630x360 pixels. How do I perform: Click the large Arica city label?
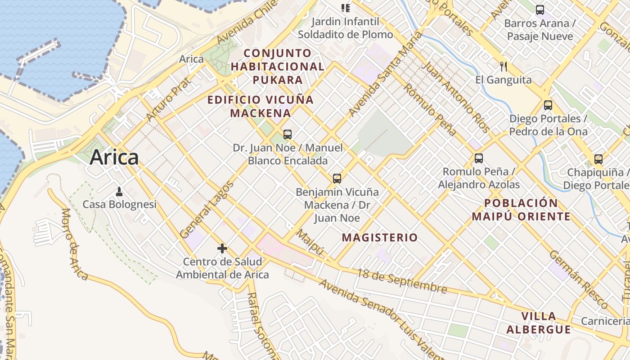point(114,157)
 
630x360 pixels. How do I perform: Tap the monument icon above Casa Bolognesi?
point(119,192)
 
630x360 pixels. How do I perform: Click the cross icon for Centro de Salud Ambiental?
point(222,248)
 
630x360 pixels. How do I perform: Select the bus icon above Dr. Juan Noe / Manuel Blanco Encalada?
point(288,134)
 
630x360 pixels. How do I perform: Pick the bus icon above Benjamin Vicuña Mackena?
point(337,178)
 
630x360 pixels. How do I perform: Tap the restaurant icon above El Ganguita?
point(504,67)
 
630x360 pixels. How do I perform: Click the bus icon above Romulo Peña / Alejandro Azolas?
point(479,158)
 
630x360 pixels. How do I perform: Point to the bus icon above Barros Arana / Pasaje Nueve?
point(540,9)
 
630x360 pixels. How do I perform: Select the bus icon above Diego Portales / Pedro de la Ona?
point(548,105)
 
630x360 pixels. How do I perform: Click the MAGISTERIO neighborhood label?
point(380,238)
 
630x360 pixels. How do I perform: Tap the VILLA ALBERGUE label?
point(539,323)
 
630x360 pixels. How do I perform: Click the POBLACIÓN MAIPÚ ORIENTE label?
point(521,210)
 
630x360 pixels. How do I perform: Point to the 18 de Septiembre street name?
point(402,281)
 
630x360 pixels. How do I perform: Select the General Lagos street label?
point(207,210)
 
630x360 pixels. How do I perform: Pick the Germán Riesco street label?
point(579,279)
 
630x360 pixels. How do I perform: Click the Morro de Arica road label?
point(74,244)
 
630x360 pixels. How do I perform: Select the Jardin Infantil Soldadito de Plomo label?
point(345,28)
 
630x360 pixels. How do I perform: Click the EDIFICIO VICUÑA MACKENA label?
point(261,106)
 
